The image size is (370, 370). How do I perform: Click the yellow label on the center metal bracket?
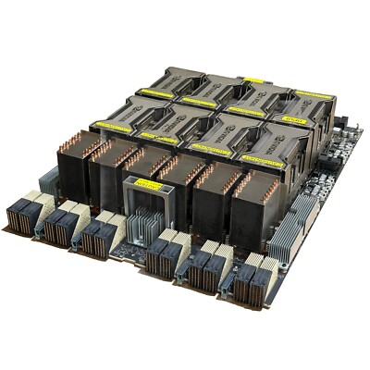(x=148, y=185)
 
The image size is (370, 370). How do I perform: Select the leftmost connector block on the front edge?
(x=25, y=215)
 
